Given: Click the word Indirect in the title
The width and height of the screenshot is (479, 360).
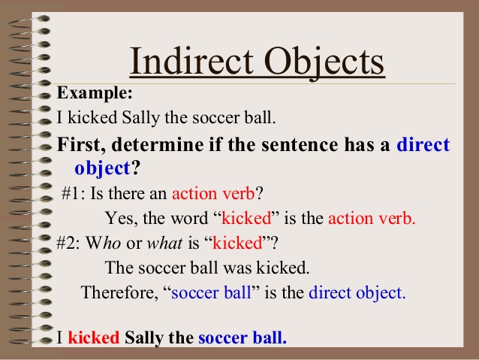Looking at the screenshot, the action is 192,61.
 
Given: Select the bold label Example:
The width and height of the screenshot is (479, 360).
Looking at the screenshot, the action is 95,93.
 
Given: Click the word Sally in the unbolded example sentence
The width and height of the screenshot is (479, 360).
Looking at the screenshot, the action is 141,118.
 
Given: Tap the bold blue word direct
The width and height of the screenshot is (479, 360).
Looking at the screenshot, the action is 423,144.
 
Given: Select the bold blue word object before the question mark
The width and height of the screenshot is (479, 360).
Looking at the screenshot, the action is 103,168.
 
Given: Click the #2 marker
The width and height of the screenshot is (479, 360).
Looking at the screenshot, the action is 68,244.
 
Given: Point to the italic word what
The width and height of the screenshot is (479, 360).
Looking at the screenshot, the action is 165,243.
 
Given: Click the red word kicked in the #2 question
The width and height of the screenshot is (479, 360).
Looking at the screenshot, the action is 237,243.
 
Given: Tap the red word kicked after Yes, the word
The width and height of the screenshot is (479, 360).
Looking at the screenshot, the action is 246,218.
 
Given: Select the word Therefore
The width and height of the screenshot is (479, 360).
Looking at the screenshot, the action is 119,292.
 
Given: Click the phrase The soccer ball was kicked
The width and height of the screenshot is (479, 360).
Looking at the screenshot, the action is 207,268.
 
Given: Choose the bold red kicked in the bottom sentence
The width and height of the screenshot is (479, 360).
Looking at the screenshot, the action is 94,337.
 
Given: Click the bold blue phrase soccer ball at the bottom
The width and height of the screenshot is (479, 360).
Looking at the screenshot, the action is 243,337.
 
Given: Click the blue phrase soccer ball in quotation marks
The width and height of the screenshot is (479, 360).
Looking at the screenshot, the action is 211,292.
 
